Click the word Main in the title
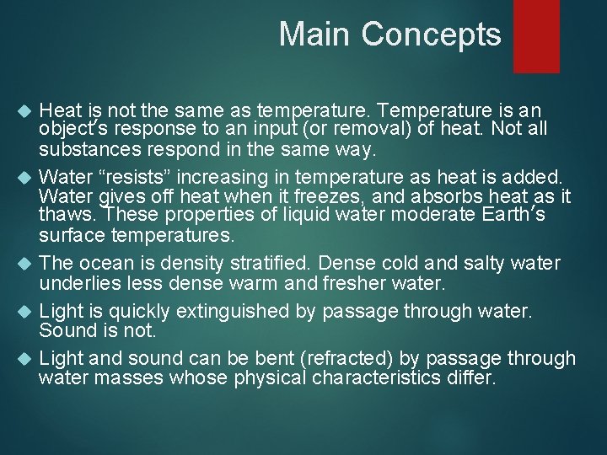point(314,35)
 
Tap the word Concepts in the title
point(431,35)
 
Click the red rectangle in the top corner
point(536,35)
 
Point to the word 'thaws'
point(64,216)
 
